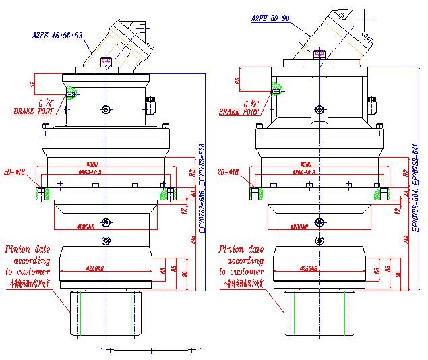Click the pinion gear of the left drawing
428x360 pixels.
tap(106, 317)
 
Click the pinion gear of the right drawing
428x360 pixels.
tap(319, 317)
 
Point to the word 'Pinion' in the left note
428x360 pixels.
tap(19, 249)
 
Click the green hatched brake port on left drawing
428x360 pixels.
tap(72, 93)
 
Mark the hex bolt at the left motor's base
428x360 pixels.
tap(106, 62)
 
